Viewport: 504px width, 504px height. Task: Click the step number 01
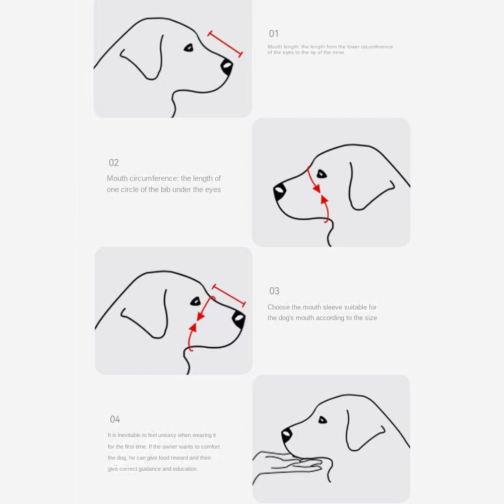[x=274, y=34]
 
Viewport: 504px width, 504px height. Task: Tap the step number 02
[x=114, y=163]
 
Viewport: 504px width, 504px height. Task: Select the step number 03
[x=274, y=291]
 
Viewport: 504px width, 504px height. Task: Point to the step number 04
[x=115, y=419]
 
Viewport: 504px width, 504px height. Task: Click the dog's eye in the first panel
[x=188, y=48]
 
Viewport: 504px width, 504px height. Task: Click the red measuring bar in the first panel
[x=225, y=44]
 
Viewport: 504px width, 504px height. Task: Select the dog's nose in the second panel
[x=280, y=192]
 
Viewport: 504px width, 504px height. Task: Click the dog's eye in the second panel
[x=322, y=174]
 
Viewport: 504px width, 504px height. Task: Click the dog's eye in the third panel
[x=195, y=301]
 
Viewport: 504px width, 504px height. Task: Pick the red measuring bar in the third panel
[x=229, y=295]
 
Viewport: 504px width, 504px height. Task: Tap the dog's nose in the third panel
[x=239, y=319]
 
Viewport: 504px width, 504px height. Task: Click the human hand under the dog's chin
[x=287, y=462]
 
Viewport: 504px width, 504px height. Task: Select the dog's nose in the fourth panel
[x=287, y=434]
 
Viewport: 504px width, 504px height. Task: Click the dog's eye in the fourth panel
[x=323, y=420]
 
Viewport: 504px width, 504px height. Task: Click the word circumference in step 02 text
[x=155, y=178]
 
